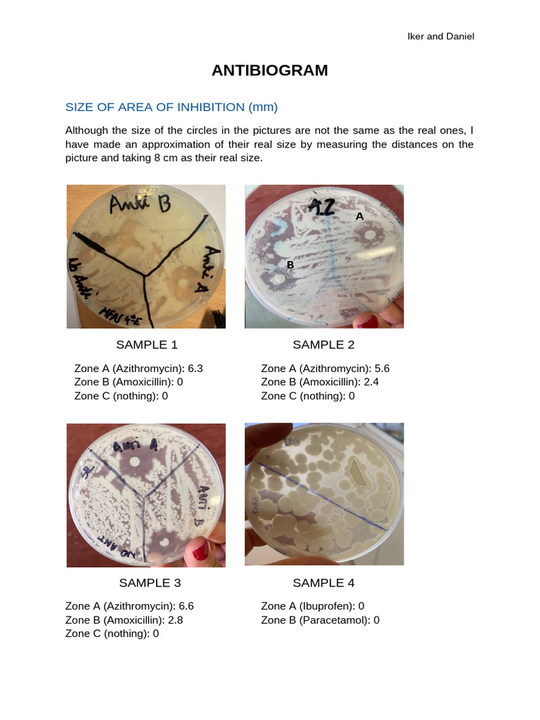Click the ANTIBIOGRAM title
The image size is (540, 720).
coord(270,70)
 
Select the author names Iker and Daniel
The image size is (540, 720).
coord(441,36)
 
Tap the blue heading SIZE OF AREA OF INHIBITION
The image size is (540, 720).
coord(172,108)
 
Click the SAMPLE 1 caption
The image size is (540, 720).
coord(146,345)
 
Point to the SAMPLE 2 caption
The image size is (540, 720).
coord(323,345)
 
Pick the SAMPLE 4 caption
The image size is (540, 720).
coord(323,582)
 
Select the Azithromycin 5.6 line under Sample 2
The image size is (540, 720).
coord(325,368)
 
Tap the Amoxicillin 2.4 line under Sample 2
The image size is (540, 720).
coord(325,382)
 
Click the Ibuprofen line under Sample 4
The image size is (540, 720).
coord(312,606)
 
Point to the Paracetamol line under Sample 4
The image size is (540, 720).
coord(320,619)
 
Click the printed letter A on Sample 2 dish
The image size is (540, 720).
coord(359,217)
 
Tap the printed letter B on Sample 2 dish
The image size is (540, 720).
coord(290,265)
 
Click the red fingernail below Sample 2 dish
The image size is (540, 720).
coord(368,323)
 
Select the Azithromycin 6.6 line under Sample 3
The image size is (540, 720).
coord(129,606)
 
